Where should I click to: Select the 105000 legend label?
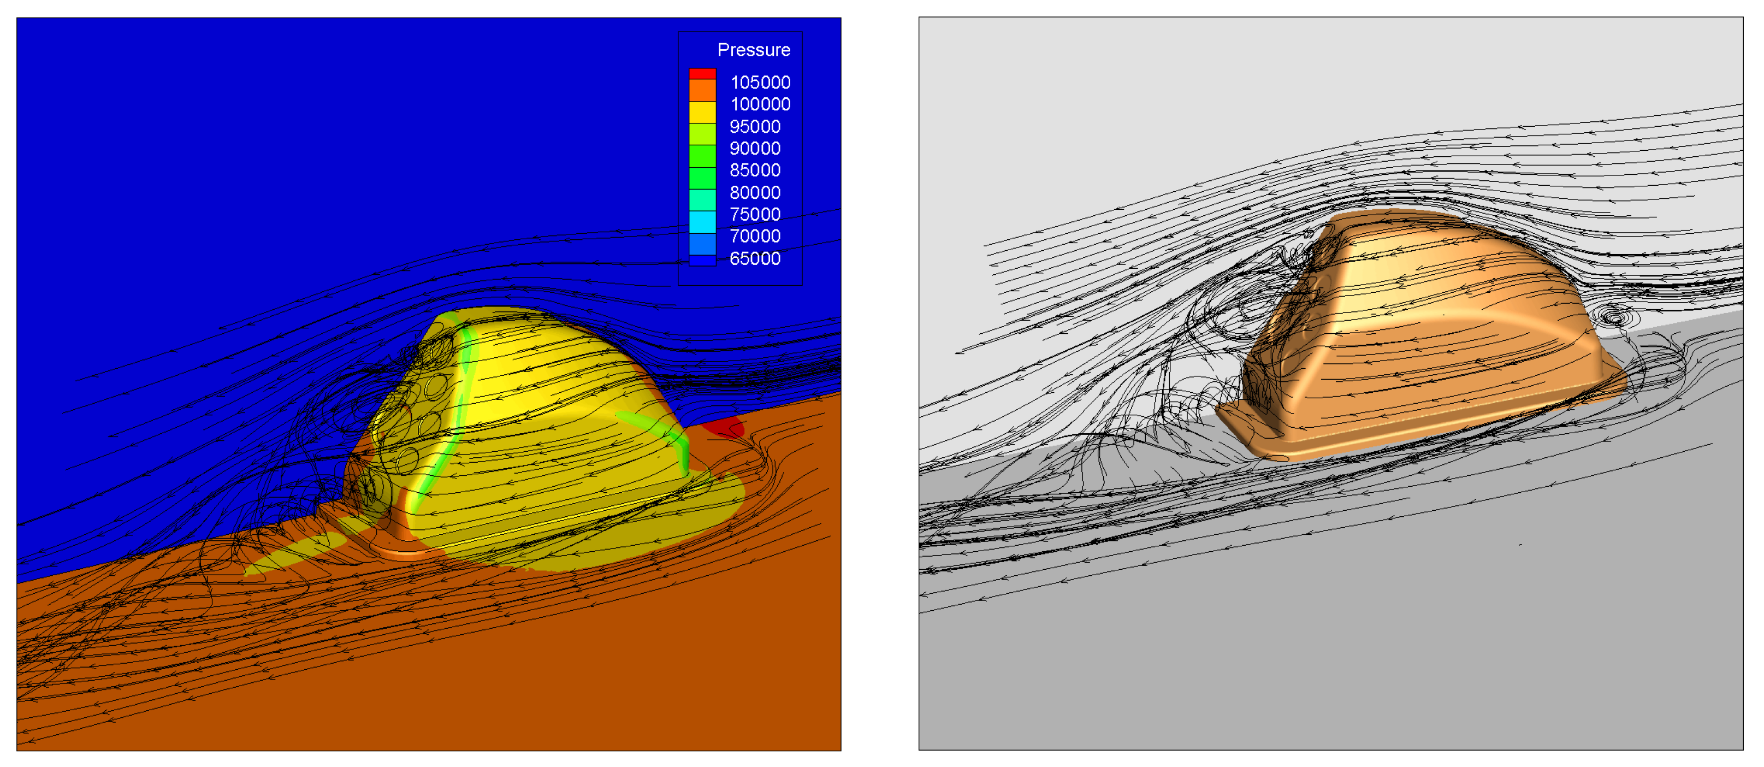point(760,82)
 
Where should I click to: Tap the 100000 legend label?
point(760,104)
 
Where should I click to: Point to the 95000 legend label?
point(755,127)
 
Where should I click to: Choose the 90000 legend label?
point(755,149)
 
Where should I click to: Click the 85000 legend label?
point(755,170)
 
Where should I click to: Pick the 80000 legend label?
point(755,192)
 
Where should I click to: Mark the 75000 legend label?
point(755,214)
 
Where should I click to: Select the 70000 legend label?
point(755,236)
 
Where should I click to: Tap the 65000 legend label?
point(755,258)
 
